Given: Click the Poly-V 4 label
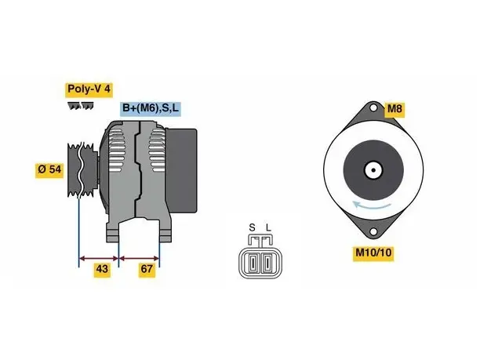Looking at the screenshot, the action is [x=89, y=89].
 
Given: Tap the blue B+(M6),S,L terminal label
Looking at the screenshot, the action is [x=151, y=108].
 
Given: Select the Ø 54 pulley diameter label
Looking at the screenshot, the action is [x=49, y=169].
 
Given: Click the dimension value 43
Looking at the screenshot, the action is [x=102, y=269].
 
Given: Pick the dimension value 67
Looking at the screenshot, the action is [x=147, y=269].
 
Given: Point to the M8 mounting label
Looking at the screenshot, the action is [x=395, y=109].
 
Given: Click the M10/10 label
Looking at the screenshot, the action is [x=373, y=253].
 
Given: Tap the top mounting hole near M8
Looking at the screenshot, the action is [x=373, y=108].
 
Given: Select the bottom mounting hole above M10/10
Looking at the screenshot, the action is [x=373, y=231].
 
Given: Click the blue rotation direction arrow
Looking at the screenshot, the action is [x=371, y=205].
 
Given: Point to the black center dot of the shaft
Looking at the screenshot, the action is [x=373, y=170].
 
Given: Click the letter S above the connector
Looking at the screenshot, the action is [x=252, y=227].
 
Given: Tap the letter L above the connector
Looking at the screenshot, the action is [x=268, y=227].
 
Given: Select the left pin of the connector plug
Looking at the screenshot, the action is [x=253, y=263].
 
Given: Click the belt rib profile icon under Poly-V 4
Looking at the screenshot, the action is [x=81, y=106].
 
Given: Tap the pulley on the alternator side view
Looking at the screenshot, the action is [x=82, y=169].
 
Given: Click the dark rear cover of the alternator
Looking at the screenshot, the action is [x=181, y=170].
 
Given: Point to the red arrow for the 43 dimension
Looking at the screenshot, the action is [x=99, y=259].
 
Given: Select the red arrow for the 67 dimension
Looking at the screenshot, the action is [x=139, y=259].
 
